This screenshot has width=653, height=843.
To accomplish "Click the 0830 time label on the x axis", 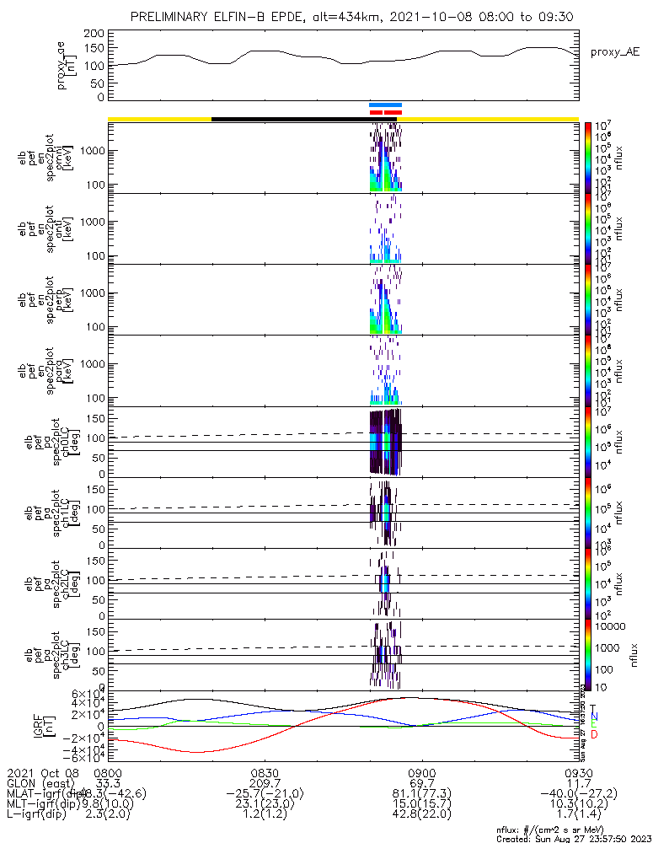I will click(265, 772).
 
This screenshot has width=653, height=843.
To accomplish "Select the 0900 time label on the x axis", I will click(420, 772).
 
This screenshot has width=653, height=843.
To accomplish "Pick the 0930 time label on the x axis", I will click(578, 772).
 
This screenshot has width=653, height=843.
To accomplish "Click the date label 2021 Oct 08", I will click(42, 772).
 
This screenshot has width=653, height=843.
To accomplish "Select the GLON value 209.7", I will click(265, 783).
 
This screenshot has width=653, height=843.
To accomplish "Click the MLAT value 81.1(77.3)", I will click(420, 794).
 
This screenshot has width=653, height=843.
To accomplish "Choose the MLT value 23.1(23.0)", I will click(265, 805).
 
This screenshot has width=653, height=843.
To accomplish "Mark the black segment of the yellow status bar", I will click(295, 119).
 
